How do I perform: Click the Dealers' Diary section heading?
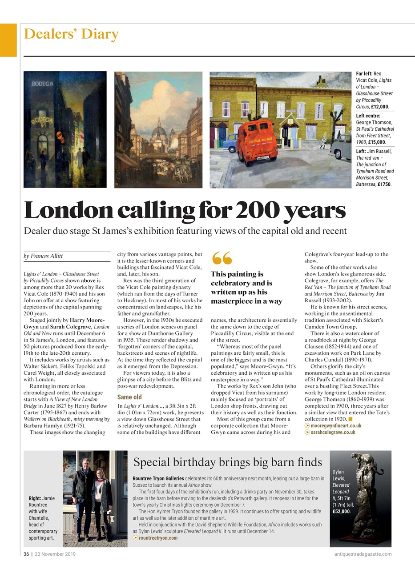pyautogui.click(x=71, y=34)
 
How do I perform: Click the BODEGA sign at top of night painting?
pyautogui.click(x=42, y=84)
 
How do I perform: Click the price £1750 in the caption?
pyautogui.click(x=384, y=184)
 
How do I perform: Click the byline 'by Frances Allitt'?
pyautogui.click(x=43, y=256)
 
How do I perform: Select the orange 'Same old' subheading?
pyautogui.click(x=129, y=397)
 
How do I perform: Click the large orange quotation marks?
pyautogui.click(x=222, y=258)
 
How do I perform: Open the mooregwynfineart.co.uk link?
pyautogui.click(x=335, y=425)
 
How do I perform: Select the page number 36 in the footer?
pyautogui.click(x=26, y=554)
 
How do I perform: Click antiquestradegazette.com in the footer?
pyautogui.click(x=363, y=554)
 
